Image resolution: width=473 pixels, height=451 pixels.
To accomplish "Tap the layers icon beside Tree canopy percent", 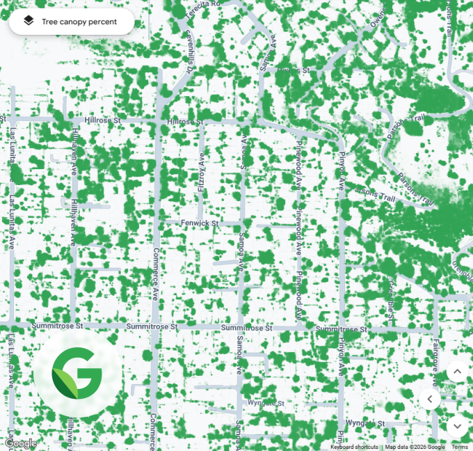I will pyautogui.click(x=28, y=22).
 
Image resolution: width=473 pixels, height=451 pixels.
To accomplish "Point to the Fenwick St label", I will pyautogui.click(x=200, y=223).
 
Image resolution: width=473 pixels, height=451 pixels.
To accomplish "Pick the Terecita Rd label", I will pyautogui.click(x=205, y=3).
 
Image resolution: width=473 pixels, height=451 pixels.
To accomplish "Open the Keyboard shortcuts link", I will pyautogui.click(x=354, y=447).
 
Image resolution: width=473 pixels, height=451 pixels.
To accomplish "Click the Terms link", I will pyautogui.click(x=460, y=447).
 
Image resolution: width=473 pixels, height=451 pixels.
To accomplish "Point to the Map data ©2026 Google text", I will pyautogui.click(x=415, y=447).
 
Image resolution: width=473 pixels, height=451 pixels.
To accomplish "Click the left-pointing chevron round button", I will pyautogui.click(x=430, y=399).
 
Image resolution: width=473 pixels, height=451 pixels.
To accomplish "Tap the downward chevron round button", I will pyautogui.click(x=457, y=425).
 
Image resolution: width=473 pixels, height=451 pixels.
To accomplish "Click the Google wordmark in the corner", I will pyautogui.click(x=20, y=443).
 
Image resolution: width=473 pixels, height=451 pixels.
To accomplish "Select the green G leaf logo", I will pyautogui.click(x=77, y=374).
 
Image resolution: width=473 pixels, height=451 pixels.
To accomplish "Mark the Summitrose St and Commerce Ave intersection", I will pyautogui.click(x=156, y=326).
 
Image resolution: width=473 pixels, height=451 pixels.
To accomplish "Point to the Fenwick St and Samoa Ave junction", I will pyautogui.click(x=241, y=223).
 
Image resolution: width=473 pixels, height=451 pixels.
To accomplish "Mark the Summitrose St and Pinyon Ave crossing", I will pyautogui.click(x=341, y=328).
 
